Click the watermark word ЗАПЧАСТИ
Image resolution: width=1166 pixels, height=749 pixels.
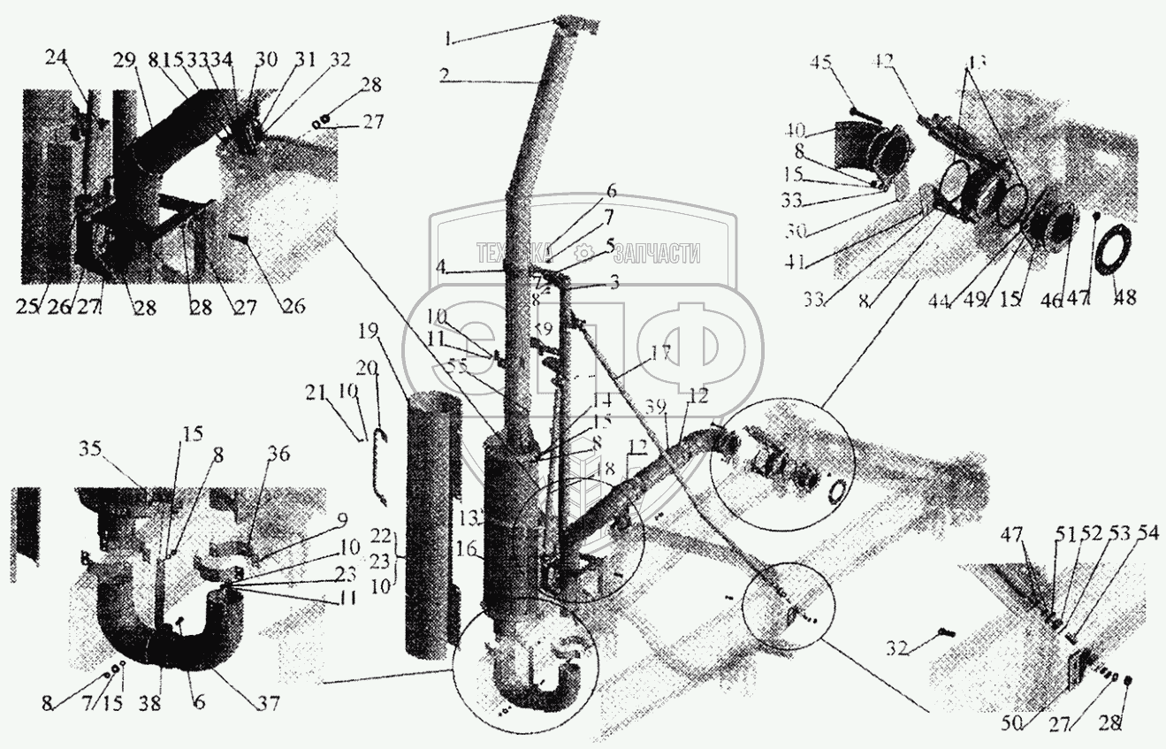point(656,255)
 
